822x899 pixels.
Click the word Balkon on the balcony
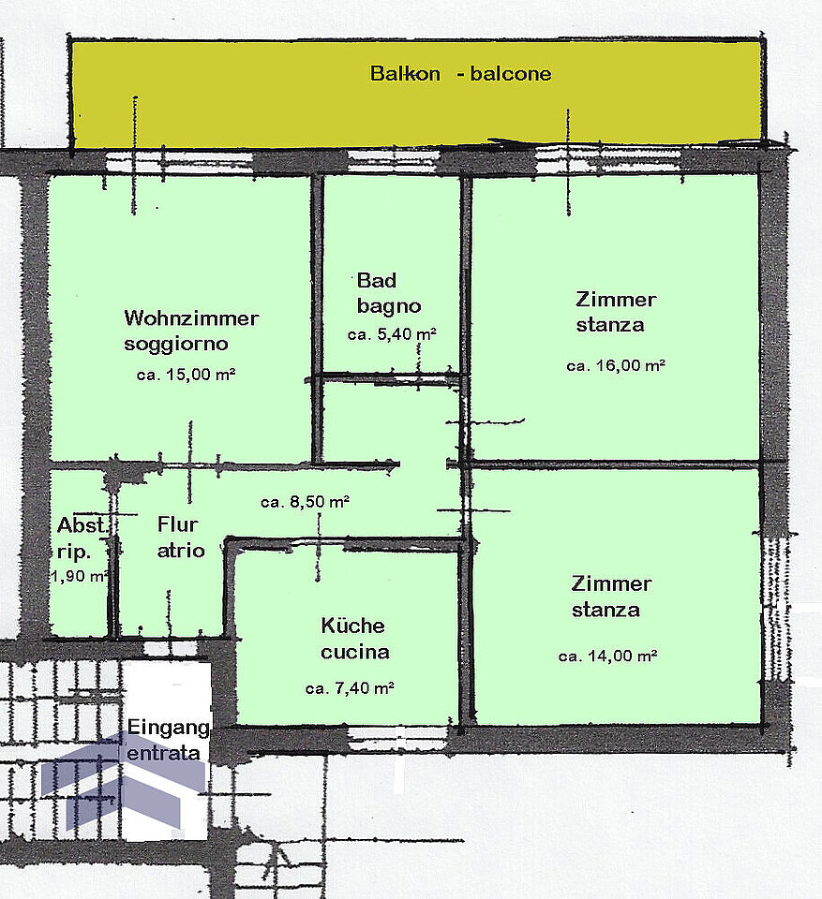click(405, 73)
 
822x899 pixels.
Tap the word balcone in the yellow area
click(510, 73)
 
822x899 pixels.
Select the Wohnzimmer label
click(191, 317)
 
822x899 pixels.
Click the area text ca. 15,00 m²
click(186, 375)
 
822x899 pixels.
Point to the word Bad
click(377, 280)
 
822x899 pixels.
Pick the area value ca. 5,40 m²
click(392, 333)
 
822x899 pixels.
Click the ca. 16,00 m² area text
click(616, 365)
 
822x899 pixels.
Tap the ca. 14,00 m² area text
click(607, 656)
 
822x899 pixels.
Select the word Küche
click(352, 625)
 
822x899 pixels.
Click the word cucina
click(354, 652)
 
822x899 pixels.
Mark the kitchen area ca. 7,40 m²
click(350, 687)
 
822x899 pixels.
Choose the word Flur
click(177, 524)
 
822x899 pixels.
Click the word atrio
click(181, 551)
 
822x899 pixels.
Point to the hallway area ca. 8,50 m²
click(305, 502)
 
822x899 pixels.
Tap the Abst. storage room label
click(82, 524)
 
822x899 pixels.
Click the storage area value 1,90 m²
click(80, 576)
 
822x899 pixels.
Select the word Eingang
click(168, 728)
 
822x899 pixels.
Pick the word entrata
click(164, 753)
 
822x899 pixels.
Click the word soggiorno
click(176, 344)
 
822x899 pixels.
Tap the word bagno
click(389, 307)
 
